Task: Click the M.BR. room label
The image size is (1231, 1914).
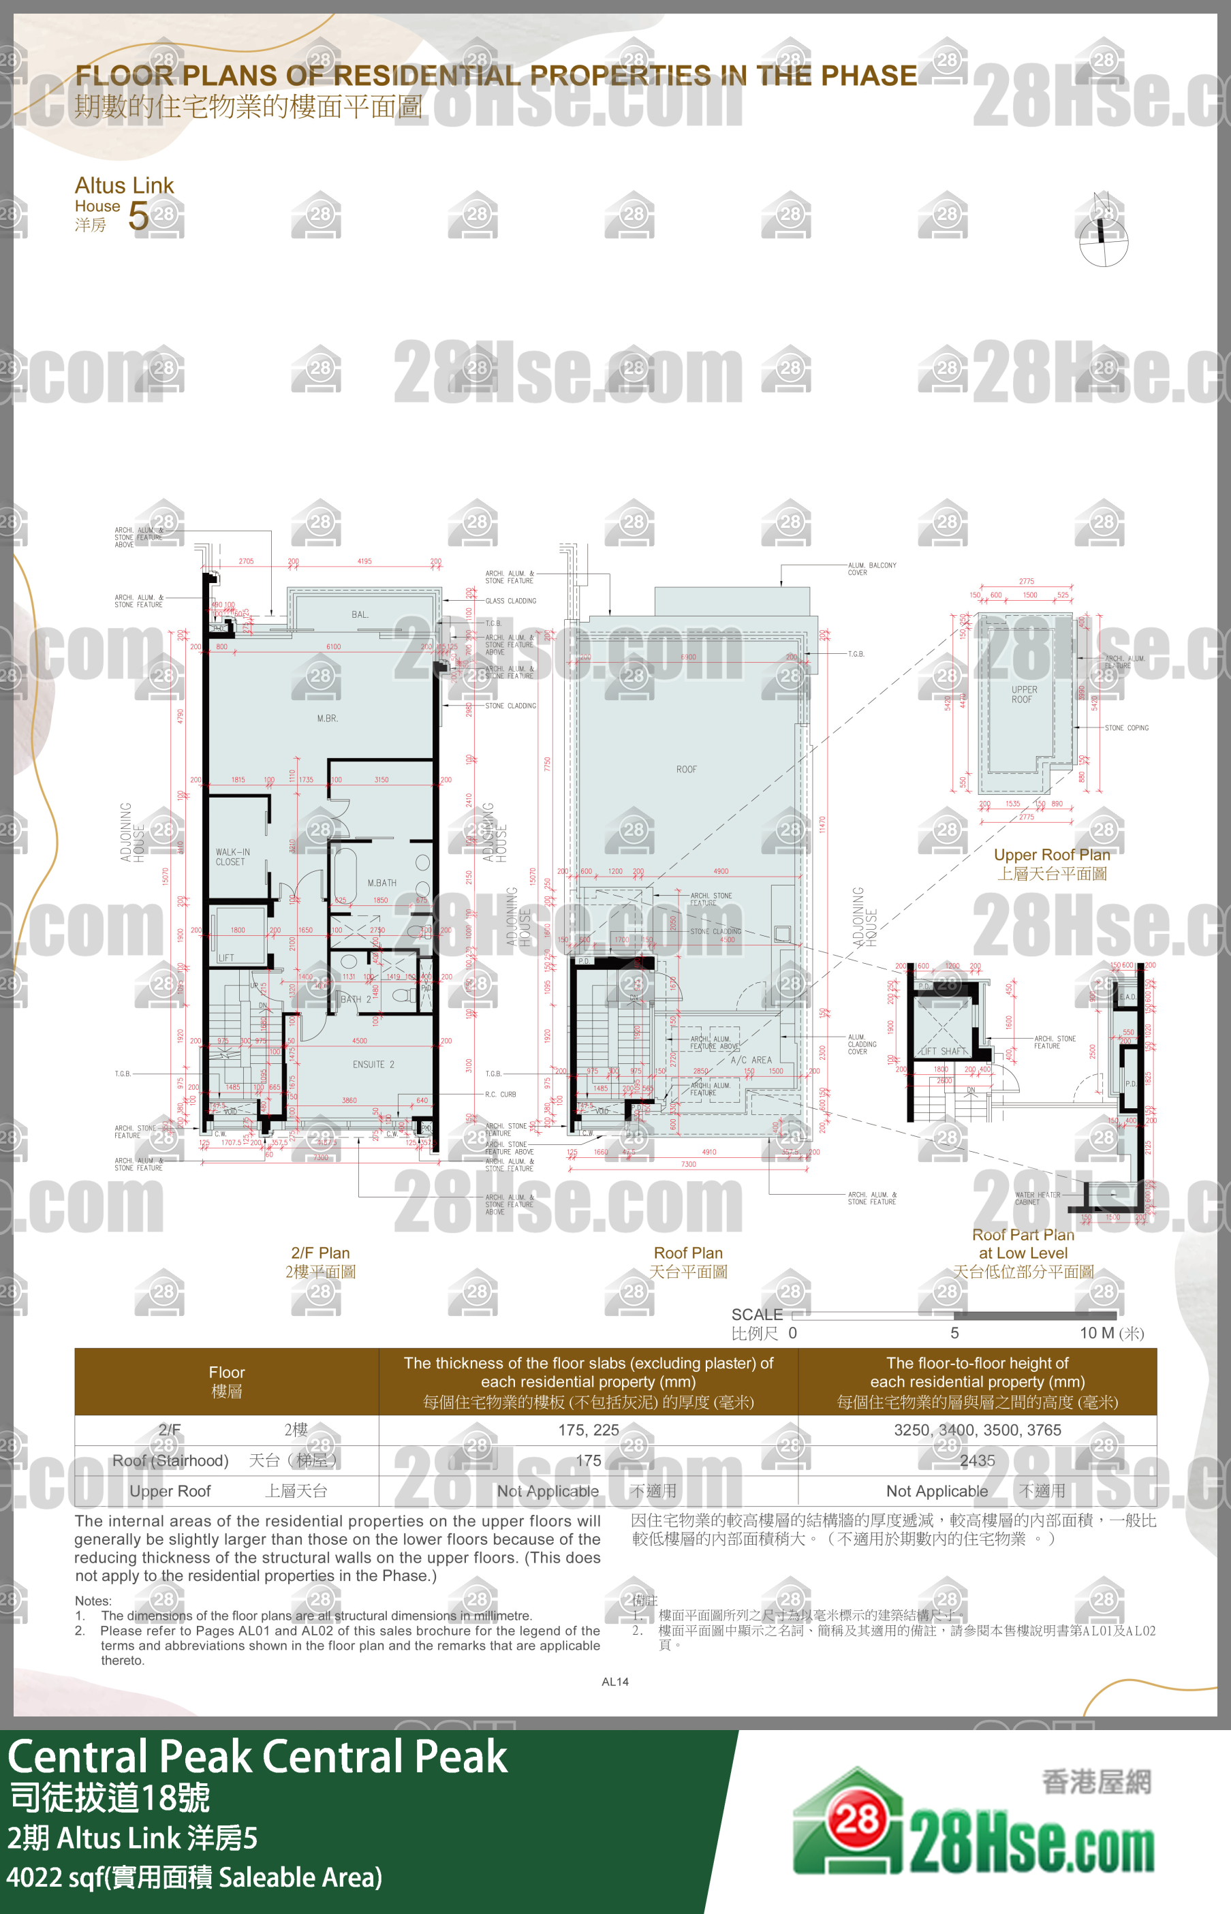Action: point(327,719)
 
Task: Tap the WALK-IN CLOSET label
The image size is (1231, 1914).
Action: point(232,857)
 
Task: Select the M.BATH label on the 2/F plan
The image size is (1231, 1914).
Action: point(381,883)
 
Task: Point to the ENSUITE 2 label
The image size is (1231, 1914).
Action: point(373,1065)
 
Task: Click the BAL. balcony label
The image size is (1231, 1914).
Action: point(360,614)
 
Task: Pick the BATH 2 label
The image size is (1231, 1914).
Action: point(356,999)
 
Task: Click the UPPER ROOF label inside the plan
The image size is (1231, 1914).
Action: point(1023,695)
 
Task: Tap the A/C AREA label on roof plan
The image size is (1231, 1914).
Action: point(751,1060)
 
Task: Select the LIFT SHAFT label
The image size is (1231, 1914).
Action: point(944,1051)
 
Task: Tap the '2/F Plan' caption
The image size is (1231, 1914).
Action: point(320,1253)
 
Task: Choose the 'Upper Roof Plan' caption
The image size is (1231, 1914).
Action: point(1051,854)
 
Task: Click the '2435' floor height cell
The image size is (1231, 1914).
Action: point(977,1460)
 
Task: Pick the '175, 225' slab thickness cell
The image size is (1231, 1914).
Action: point(589,1430)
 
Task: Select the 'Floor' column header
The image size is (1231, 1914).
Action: point(226,1372)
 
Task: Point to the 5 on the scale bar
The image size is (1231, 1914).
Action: point(954,1333)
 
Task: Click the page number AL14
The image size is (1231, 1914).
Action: point(614,1682)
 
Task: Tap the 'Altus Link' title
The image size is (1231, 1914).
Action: point(124,185)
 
